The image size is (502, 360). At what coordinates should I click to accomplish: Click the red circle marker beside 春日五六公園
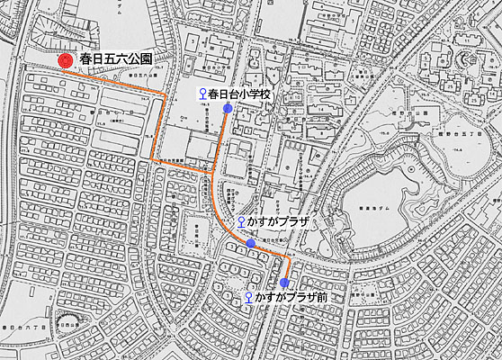(x=66, y=60)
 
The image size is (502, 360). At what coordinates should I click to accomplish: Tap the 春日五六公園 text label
(x=115, y=59)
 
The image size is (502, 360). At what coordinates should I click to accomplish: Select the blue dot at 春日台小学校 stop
(x=228, y=108)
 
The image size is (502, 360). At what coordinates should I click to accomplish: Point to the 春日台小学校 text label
(x=239, y=94)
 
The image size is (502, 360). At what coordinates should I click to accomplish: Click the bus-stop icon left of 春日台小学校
(x=202, y=94)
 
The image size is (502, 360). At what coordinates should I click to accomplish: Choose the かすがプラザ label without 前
(x=279, y=222)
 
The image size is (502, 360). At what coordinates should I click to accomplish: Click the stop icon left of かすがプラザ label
(x=241, y=222)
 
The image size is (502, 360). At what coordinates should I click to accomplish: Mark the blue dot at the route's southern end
(x=285, y=283)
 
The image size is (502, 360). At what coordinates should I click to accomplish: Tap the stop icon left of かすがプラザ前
(x=247, y=297)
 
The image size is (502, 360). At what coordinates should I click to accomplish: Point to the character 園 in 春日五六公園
(x=144, y=59)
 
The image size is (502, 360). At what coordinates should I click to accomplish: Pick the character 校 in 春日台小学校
(x=264, y=94)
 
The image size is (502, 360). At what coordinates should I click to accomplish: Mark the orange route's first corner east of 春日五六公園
(x=162, y=93)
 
